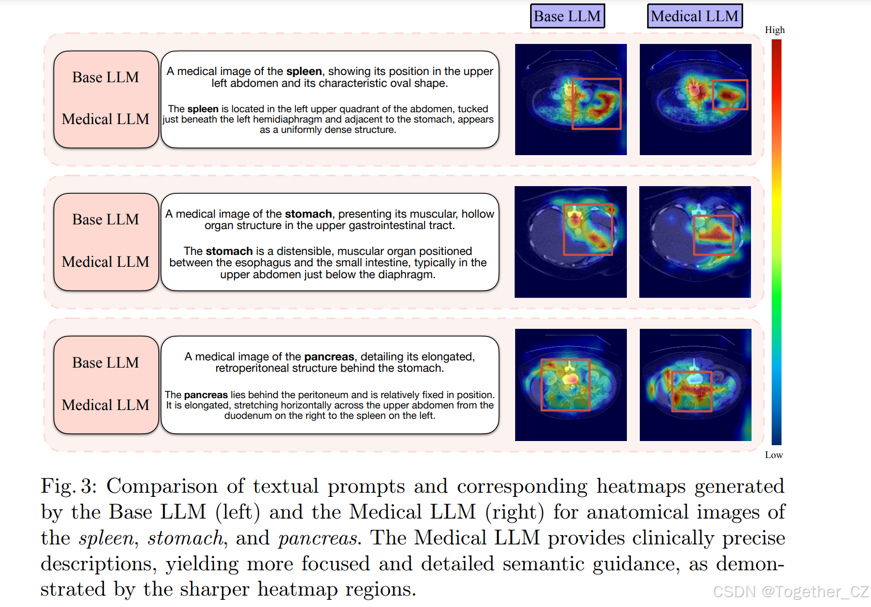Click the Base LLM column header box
(x=567, y=17)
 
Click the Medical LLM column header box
(x=695, y=17)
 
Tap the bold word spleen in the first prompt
(x=304, y=71)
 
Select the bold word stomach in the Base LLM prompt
(x=308, y=214)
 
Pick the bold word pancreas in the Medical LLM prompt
(x=206, y=395)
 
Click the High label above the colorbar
(x=775, y=30)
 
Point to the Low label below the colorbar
(x=774, y=455)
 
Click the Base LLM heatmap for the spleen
(x=571, y=99)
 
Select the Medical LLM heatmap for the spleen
(x=695, y=99)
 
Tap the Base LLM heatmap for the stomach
(x=570, y=242)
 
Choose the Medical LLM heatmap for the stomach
(x=695, y=242)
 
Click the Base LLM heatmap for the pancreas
(x=571, y=385)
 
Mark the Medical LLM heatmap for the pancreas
(x=695, y=385)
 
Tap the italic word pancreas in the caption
(x=318, y=538)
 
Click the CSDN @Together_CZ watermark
(x=791, y=591)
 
